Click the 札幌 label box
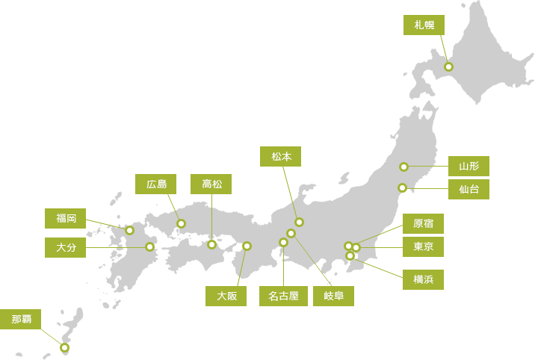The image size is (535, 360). (424, 25)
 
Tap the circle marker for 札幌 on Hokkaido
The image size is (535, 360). (448, 66)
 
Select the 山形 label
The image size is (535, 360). (468, 166)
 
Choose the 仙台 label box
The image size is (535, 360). (468, 189)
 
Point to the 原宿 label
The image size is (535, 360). (423, 223)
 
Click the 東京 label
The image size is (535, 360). (423, 246)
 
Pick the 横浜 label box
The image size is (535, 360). (423, 279)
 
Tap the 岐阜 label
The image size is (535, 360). (333, 296)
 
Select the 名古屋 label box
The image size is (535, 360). (283, 296)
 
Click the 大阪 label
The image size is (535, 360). (226, 296)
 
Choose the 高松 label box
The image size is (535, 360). (211, 184)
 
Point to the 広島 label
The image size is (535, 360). (156, 184)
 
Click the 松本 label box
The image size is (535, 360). (281, 156)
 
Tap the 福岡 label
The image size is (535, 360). (65, 218)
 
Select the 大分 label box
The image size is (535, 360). (65, 247)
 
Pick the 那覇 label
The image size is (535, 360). (21, 320)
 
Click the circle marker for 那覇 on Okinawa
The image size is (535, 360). (64, 347)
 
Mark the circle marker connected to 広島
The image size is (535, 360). (181, 223)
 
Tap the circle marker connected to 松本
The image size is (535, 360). (299, 222)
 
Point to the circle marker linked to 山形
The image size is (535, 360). (403, 167)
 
